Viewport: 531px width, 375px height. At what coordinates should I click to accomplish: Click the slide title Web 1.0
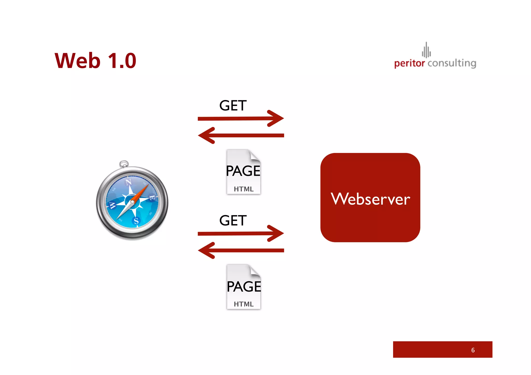point(95,61)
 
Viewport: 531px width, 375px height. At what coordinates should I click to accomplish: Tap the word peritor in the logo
point(409,63)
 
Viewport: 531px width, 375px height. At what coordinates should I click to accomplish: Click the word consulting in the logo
point(452,63)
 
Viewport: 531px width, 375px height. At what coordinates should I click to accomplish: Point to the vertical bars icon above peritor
point(426,50)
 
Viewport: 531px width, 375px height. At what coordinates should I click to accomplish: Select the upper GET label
point(233,106)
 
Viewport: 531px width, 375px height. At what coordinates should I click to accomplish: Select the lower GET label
point(233,221)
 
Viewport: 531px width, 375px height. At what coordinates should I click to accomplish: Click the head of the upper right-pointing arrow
point(277,118)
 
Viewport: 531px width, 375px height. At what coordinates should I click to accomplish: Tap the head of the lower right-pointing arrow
point(277,233)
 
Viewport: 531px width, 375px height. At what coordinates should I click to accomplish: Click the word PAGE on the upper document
point(243,171)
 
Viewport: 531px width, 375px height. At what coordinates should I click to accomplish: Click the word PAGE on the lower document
point(244,286)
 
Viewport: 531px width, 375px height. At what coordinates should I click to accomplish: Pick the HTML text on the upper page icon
point(243,189)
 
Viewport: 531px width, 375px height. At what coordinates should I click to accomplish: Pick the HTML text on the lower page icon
point(243,304)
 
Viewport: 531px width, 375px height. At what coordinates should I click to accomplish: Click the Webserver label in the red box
point(370,199)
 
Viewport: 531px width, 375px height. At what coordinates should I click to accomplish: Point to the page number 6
point(473,350)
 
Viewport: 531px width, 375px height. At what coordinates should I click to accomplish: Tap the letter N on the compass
point(129,182)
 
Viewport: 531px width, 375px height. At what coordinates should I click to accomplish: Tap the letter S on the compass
point(136,221)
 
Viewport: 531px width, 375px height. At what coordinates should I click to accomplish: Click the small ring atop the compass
point(124,164)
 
